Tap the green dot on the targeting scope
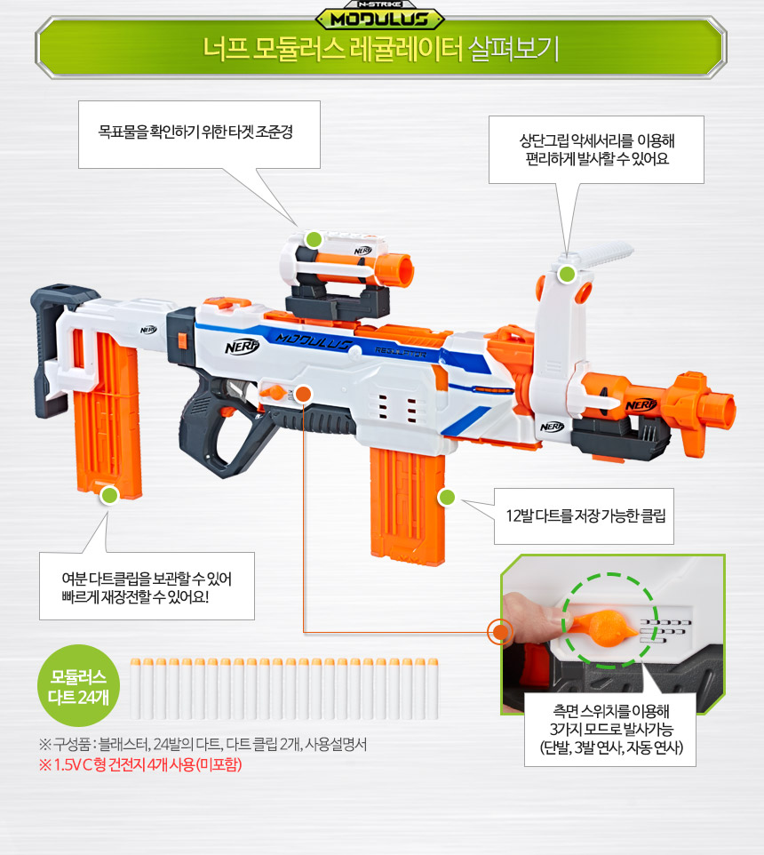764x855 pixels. click(314, 239)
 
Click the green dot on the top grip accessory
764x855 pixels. click(567, 275)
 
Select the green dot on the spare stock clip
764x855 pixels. click(109, 495)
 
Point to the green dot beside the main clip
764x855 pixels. click(447, 497)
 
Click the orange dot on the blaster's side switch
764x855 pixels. click(303, 395)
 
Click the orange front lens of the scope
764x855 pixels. click(402, 270)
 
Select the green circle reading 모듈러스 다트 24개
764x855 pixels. click(78, 685)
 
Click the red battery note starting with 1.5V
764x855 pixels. click(140, 764)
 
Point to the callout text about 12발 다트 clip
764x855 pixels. click(585, 515)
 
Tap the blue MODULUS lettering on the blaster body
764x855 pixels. click(314, 342)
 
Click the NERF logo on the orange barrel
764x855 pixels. click(641, 404)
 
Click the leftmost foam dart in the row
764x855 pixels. click(136, 689)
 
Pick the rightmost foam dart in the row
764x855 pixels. click(433, 689)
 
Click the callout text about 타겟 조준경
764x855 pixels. click(195, 132)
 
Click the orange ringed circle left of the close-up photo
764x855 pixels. click(499, 632)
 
